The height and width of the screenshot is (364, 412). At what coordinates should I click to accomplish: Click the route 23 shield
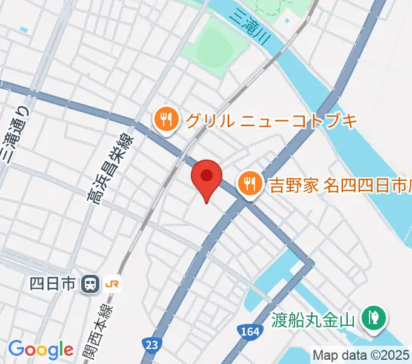pyautogui.click(x=151, y=344)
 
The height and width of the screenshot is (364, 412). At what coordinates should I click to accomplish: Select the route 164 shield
pyautogui.click(x=248, y=331)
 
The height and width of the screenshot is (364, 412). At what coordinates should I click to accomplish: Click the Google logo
pyautogui.click(x=41, y=349)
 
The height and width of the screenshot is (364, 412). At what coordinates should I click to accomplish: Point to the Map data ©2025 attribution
pyautogui.click(x=362, y=355)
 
